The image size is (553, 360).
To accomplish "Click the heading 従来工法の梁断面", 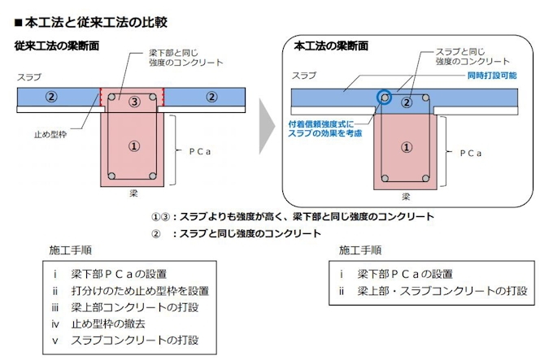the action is (56, 46).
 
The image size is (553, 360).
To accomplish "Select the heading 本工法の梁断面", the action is (331, 46).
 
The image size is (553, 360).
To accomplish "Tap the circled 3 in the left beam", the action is (134, 102).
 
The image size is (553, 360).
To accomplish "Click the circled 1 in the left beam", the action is (133, 145).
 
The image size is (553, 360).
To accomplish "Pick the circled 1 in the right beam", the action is (407, 147).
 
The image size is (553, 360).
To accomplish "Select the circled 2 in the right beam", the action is (407, 102).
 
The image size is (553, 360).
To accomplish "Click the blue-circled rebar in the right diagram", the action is (385, 98).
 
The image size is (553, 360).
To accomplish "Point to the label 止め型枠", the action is (50, 134).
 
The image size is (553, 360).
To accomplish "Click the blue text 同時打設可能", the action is (492, 76).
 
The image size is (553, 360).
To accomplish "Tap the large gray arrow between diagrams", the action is (267, 126).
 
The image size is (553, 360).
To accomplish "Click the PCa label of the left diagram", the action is (199, 151).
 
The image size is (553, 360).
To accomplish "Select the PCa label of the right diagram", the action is (471, 154).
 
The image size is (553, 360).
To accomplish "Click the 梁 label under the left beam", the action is (133, 193).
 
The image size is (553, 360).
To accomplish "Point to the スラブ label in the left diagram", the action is (29, 76).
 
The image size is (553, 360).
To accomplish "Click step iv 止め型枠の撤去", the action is (98, 323).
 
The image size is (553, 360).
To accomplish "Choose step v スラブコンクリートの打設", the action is (125, 340).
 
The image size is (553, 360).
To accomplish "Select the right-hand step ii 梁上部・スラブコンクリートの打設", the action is (433, 291).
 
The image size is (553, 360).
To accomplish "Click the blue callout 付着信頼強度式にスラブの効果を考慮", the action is (324, 128).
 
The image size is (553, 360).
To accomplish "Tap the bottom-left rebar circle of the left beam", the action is (111, 176).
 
